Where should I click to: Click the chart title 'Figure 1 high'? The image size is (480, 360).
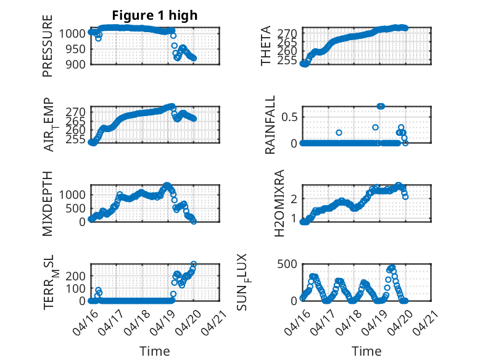click(x=155, y=15)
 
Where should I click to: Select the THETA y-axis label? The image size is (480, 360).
click(x=266, y=46)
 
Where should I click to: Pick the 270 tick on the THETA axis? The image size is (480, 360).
click(x=290, y=32)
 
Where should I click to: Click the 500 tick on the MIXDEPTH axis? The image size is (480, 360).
click(x=77, y=208)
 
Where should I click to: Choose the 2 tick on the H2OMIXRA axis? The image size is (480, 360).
click(x=294, y=199)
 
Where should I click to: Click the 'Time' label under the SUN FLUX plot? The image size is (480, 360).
click(x=366, y=351)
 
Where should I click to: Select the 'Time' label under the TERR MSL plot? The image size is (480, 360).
click(x=155, y=351)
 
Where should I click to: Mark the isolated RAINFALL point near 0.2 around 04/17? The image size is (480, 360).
click(x=339, y=133)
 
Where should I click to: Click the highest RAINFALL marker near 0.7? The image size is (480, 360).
click(x=381, y=106)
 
